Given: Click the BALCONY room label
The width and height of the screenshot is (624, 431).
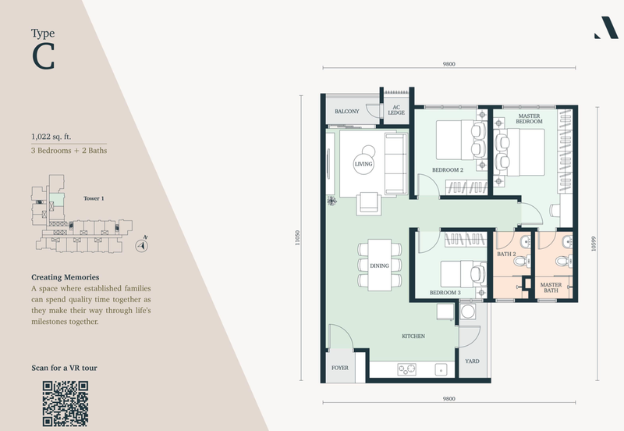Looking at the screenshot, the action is tap(346, 112).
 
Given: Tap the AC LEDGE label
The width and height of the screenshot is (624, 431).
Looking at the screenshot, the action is tap(396, 110).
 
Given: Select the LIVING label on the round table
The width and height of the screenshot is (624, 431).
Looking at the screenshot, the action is tap(363, 164).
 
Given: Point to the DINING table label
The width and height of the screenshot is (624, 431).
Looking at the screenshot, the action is tap(379, 265).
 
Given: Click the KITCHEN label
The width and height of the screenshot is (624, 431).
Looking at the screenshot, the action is tap(413, 337).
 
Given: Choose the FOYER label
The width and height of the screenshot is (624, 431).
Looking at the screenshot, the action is tap(340, 368).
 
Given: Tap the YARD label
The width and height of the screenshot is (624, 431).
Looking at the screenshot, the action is tap(472, 362).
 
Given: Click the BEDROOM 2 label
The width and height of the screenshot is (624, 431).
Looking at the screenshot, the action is tap(448, 170).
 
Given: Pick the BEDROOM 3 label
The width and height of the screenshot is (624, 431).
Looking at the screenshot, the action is tap(445, 293).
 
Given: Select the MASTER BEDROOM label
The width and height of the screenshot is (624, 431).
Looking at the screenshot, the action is tap(529, 119).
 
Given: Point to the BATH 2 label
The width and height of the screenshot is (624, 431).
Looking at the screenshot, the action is tap(506, 254).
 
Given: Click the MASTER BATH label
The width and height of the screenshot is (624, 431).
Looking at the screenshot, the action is tap(551, 287).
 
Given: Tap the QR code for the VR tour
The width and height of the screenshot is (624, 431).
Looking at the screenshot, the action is tap(66, 404).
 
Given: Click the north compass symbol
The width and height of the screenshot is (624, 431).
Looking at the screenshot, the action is tap(141, 245).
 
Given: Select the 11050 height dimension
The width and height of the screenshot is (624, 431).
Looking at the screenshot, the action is tap(297, 238).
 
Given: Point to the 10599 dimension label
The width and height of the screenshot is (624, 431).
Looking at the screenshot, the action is tap(594, 244).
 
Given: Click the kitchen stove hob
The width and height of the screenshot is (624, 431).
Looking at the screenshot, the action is tap(406, 369).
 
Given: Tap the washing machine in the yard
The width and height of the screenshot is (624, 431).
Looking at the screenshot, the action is tap(467, 312).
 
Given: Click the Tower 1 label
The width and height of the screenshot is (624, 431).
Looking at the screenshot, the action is tap(94, 198).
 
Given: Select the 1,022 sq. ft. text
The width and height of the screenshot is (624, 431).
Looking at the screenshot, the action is tap(51, 137).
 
